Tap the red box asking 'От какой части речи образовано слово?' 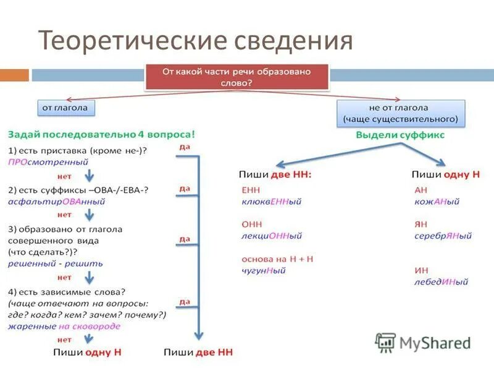[x=237, y=77]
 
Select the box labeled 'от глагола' [x=65, y=108]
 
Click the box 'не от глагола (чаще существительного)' [x=401, y=113]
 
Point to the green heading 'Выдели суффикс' [x=400, y=134]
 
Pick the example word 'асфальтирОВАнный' [x=57, y=201]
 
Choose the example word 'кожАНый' [x=437, y=202]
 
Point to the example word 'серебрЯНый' [x=443, y=236]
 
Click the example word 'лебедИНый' [x=441, y=281]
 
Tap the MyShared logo [x=424, y=342]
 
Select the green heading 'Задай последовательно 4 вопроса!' [x=101, y=134]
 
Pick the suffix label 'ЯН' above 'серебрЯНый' [x=421, y=224]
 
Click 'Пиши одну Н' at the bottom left [x=86, y=352]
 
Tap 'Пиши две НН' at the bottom [x=198, y=352]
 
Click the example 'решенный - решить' [x=56, y=263]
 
